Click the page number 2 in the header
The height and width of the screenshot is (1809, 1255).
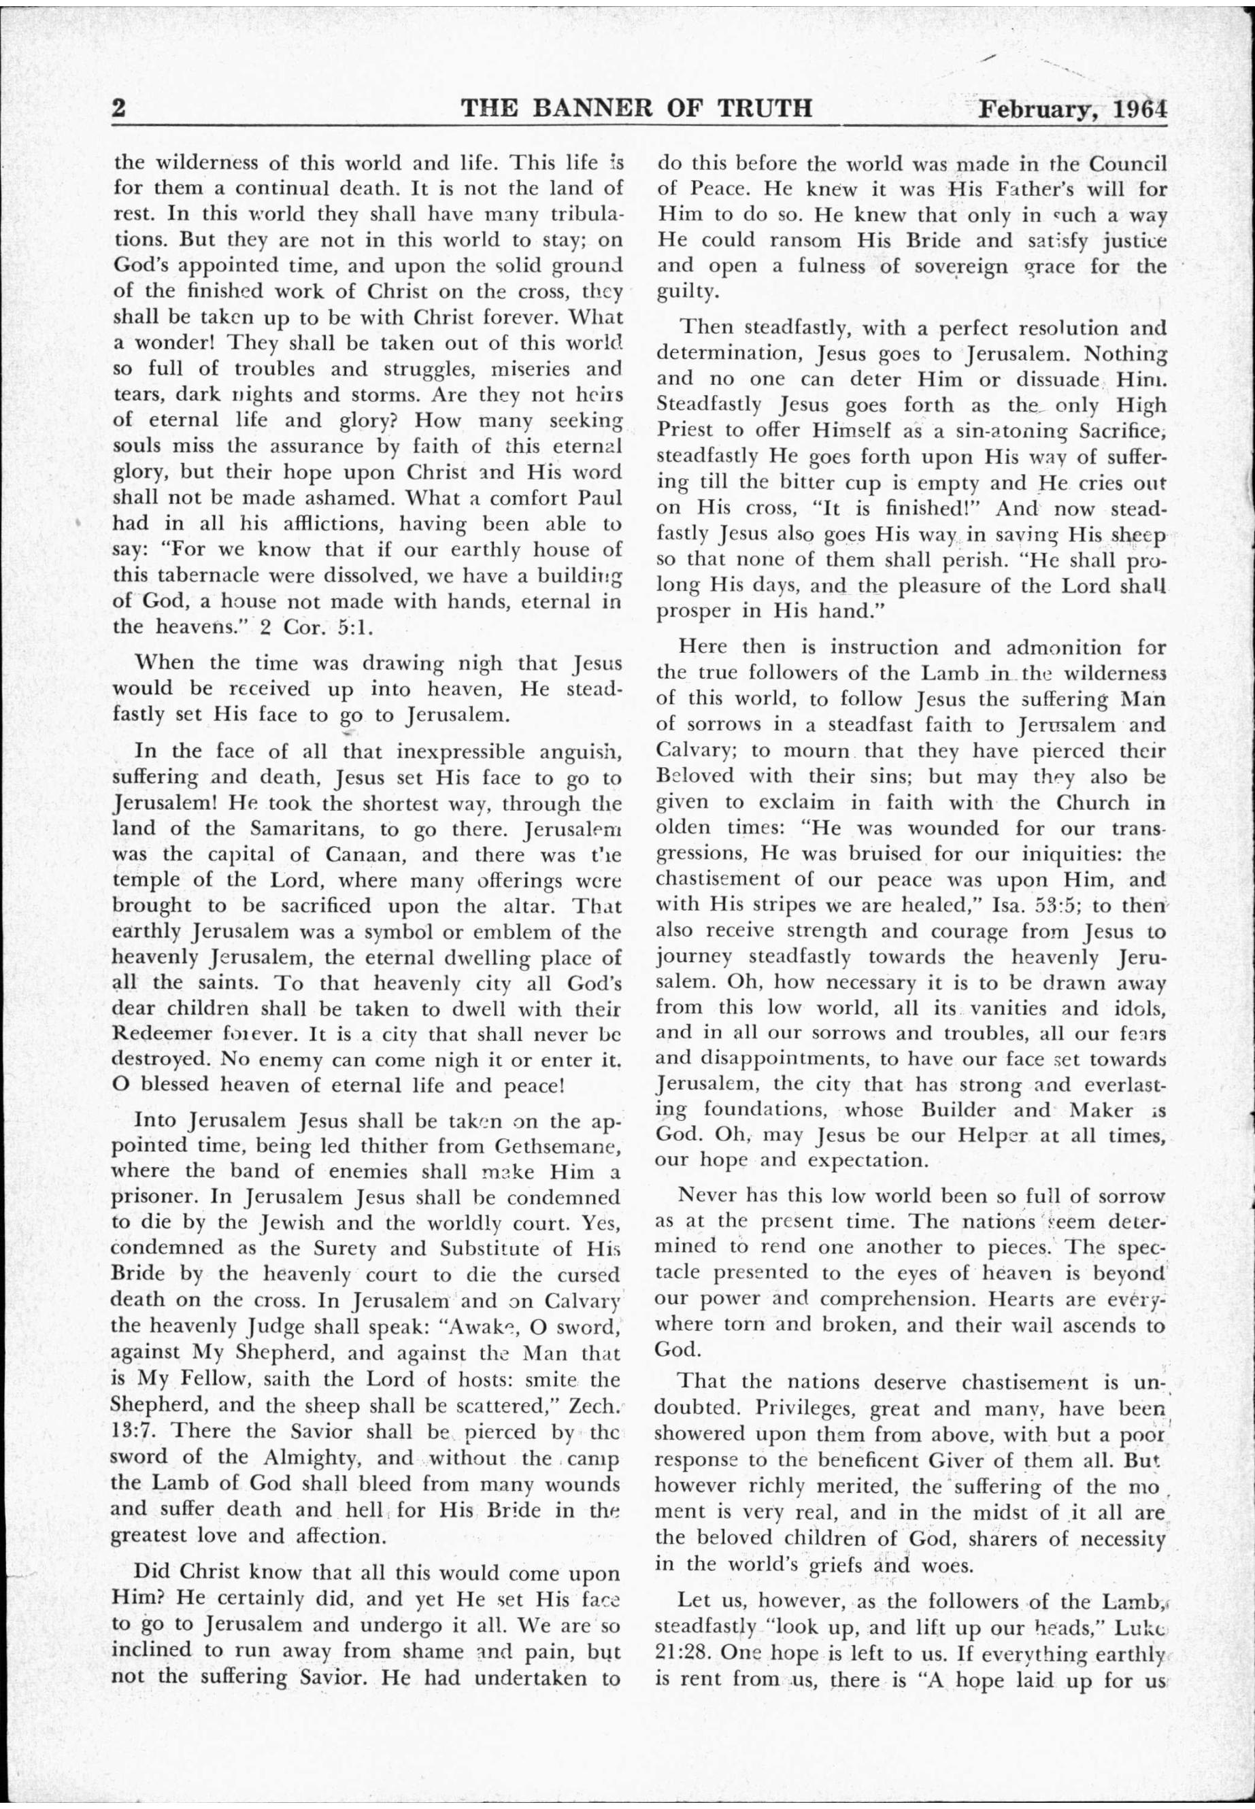tap(120, 107)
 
